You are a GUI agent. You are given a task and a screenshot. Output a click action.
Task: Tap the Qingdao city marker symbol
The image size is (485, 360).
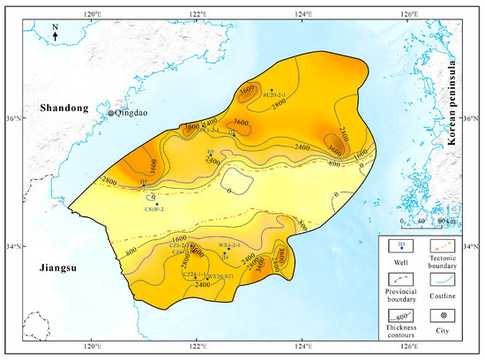110,113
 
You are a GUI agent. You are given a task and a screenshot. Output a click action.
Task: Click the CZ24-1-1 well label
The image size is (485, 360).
195,274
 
